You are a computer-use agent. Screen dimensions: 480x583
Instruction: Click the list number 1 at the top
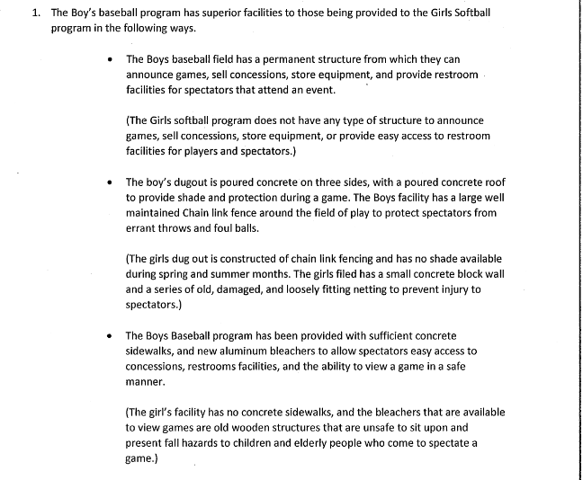point(35,13)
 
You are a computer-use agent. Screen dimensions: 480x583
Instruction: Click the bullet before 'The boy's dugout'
point(109,181)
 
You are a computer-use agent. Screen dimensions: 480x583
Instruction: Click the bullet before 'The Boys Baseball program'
point(109,334)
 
